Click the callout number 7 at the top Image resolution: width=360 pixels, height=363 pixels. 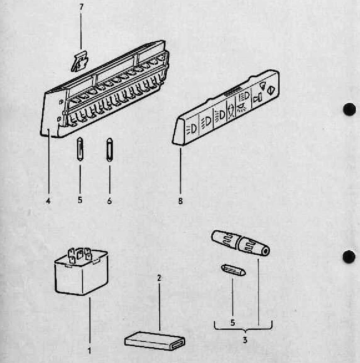tap(80, 7)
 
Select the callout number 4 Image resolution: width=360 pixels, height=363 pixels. tap(48, 201)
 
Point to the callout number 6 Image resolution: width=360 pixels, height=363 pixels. tap(109, 201)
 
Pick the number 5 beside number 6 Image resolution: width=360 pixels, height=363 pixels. tap(80, 201)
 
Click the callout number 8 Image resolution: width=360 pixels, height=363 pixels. tap(180, 201)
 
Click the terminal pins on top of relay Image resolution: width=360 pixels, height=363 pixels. tap(79, 254)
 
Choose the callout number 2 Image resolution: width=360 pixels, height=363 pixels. tap(158, 277)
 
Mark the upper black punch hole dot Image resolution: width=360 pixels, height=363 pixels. tap(350, 110)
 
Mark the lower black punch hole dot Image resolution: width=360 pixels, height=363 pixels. tap(349, 256)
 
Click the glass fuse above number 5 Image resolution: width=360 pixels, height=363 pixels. tap(80, 148)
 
